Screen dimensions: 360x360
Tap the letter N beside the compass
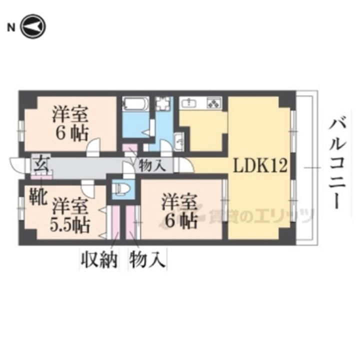(10, 27)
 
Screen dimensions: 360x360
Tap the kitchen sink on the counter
(190, 103)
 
